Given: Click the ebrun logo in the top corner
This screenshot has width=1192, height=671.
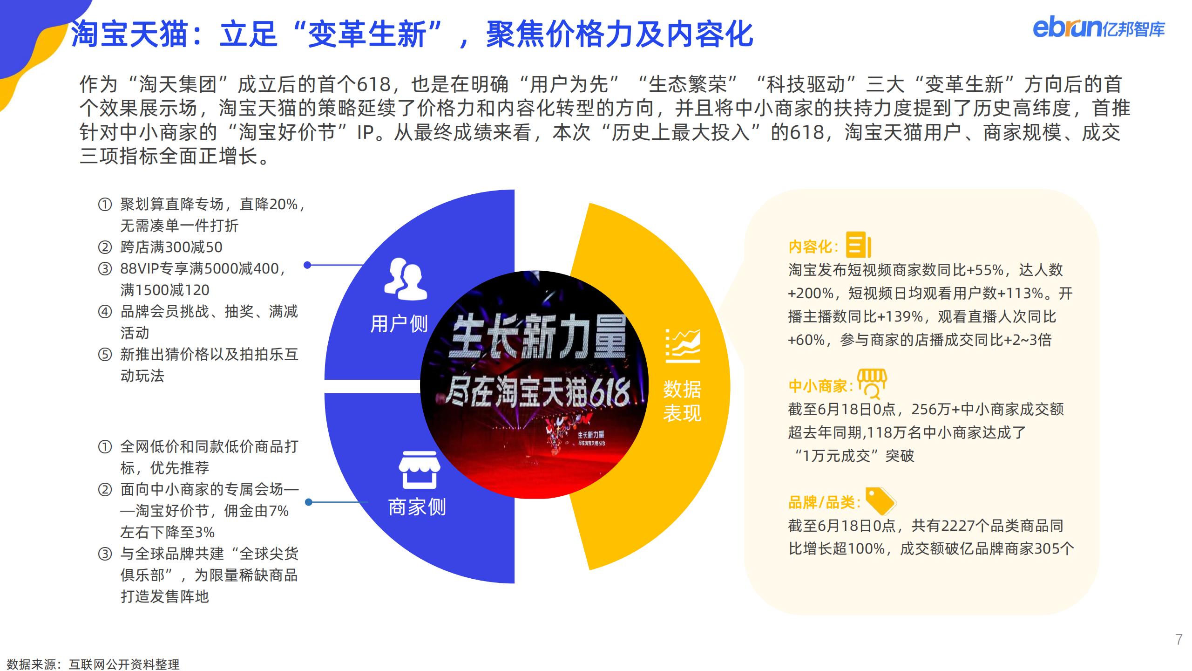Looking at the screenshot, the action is [1098, 28].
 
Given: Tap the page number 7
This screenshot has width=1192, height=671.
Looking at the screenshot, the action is [1178, 640].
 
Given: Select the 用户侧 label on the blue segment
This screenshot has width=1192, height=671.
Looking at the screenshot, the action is [399, 324].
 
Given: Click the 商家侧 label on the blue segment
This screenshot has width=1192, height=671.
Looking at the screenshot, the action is [417, 507].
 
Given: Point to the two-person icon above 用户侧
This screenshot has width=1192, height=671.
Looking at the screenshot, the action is [405, 278].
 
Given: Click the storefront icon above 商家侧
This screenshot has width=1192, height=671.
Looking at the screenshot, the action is [419, 470].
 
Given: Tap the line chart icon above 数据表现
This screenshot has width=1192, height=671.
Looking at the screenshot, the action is [683, 346].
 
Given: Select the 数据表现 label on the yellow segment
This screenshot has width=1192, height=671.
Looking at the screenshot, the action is [682, 401].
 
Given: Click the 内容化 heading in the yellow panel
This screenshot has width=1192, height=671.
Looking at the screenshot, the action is [813, 247].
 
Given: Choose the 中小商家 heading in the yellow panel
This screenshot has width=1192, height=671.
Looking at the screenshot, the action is [821, 386].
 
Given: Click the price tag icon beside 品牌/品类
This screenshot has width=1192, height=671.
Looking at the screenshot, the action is [880, 501].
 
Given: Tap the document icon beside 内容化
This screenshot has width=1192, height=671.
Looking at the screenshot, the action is [858, 245].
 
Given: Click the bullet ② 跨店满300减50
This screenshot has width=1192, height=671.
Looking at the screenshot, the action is [160, 247].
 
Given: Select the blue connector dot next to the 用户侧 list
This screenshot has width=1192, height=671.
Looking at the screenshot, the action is [307, 265].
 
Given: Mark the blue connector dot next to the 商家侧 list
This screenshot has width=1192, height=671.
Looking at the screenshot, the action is [308, 502].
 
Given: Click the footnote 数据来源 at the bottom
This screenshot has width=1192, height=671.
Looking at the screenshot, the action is [93, 664].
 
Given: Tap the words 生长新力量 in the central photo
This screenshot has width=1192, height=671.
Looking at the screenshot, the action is [539, 336].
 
